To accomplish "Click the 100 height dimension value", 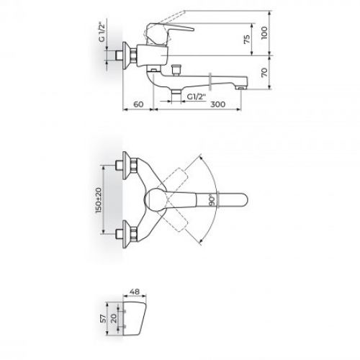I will [x=264, y=32].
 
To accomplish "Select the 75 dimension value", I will [x=247, y=40].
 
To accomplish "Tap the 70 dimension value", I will [x=264, y=72].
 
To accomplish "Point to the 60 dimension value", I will [x=140, y=106].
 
